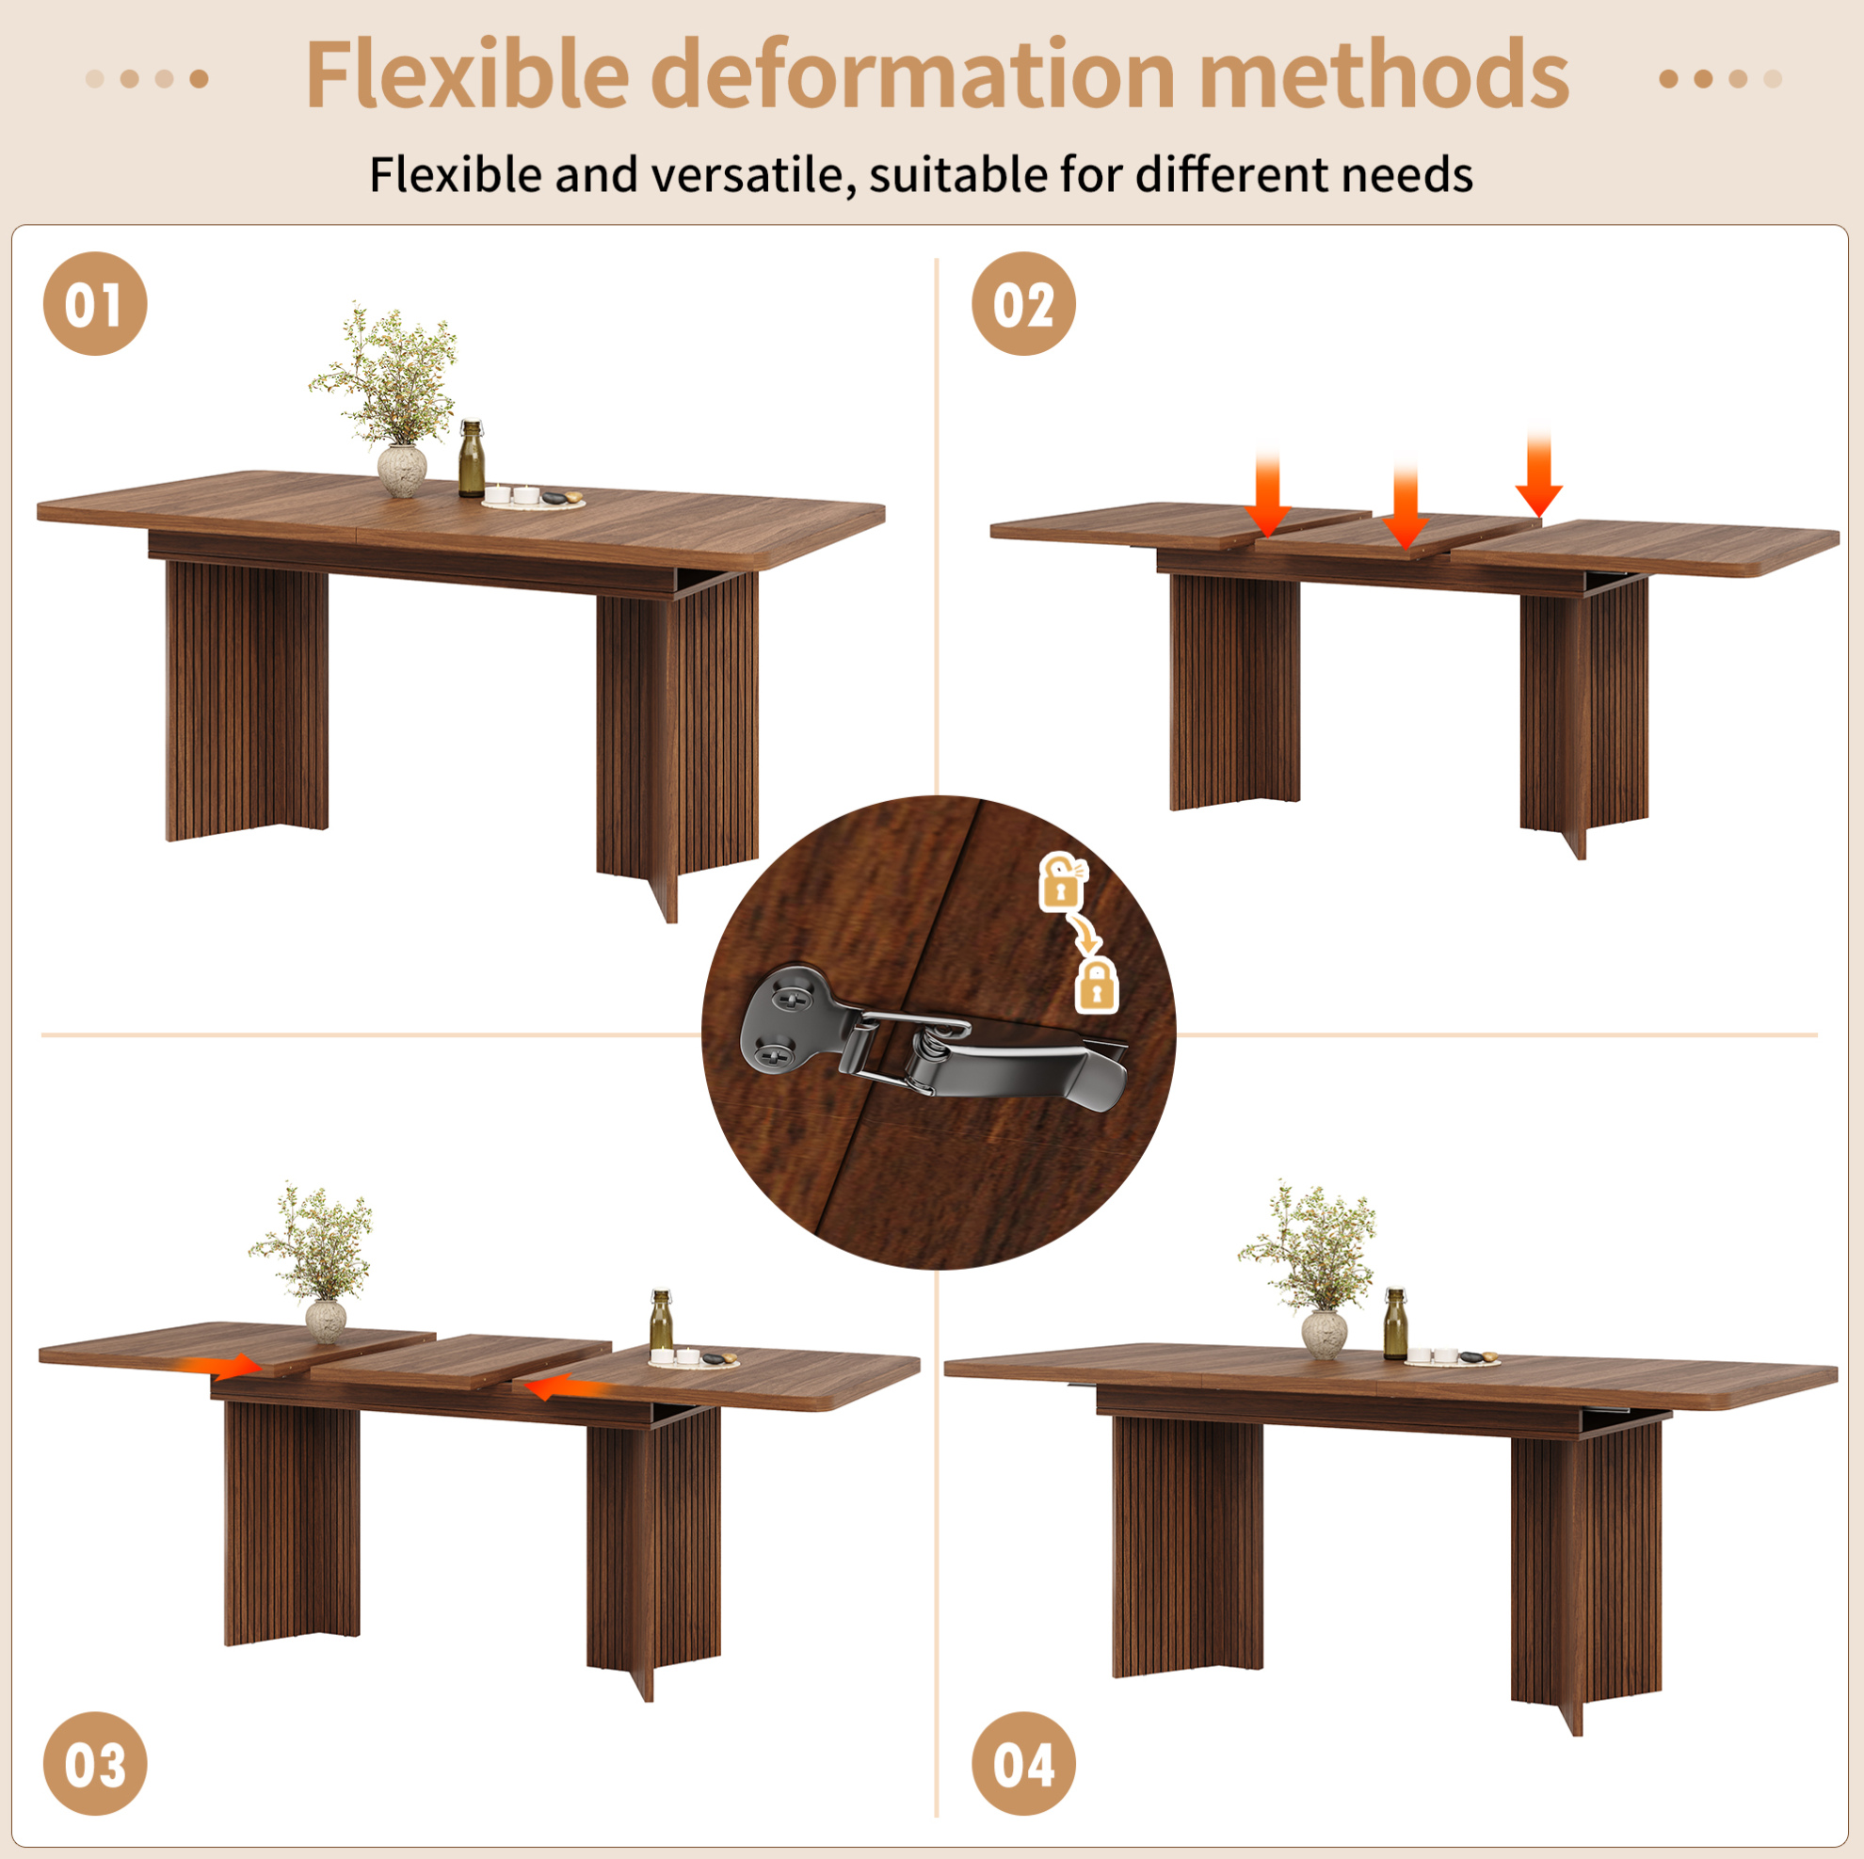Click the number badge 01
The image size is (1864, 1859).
click(x=94, y=304)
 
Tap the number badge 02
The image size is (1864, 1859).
click(x=1022, y=304)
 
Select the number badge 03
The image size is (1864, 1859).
click(x=94, y=1765)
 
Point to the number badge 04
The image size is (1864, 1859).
click(x=1022, y=1765)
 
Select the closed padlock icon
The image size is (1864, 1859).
click(x=1096, y=985)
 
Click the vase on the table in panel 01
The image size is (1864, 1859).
click(x=401, y=470)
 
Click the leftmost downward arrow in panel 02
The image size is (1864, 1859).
click(x=1268, y=492)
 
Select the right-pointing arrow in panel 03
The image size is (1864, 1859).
click(x=223, y=1365)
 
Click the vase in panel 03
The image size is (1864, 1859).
click(x=325, y=1320)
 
